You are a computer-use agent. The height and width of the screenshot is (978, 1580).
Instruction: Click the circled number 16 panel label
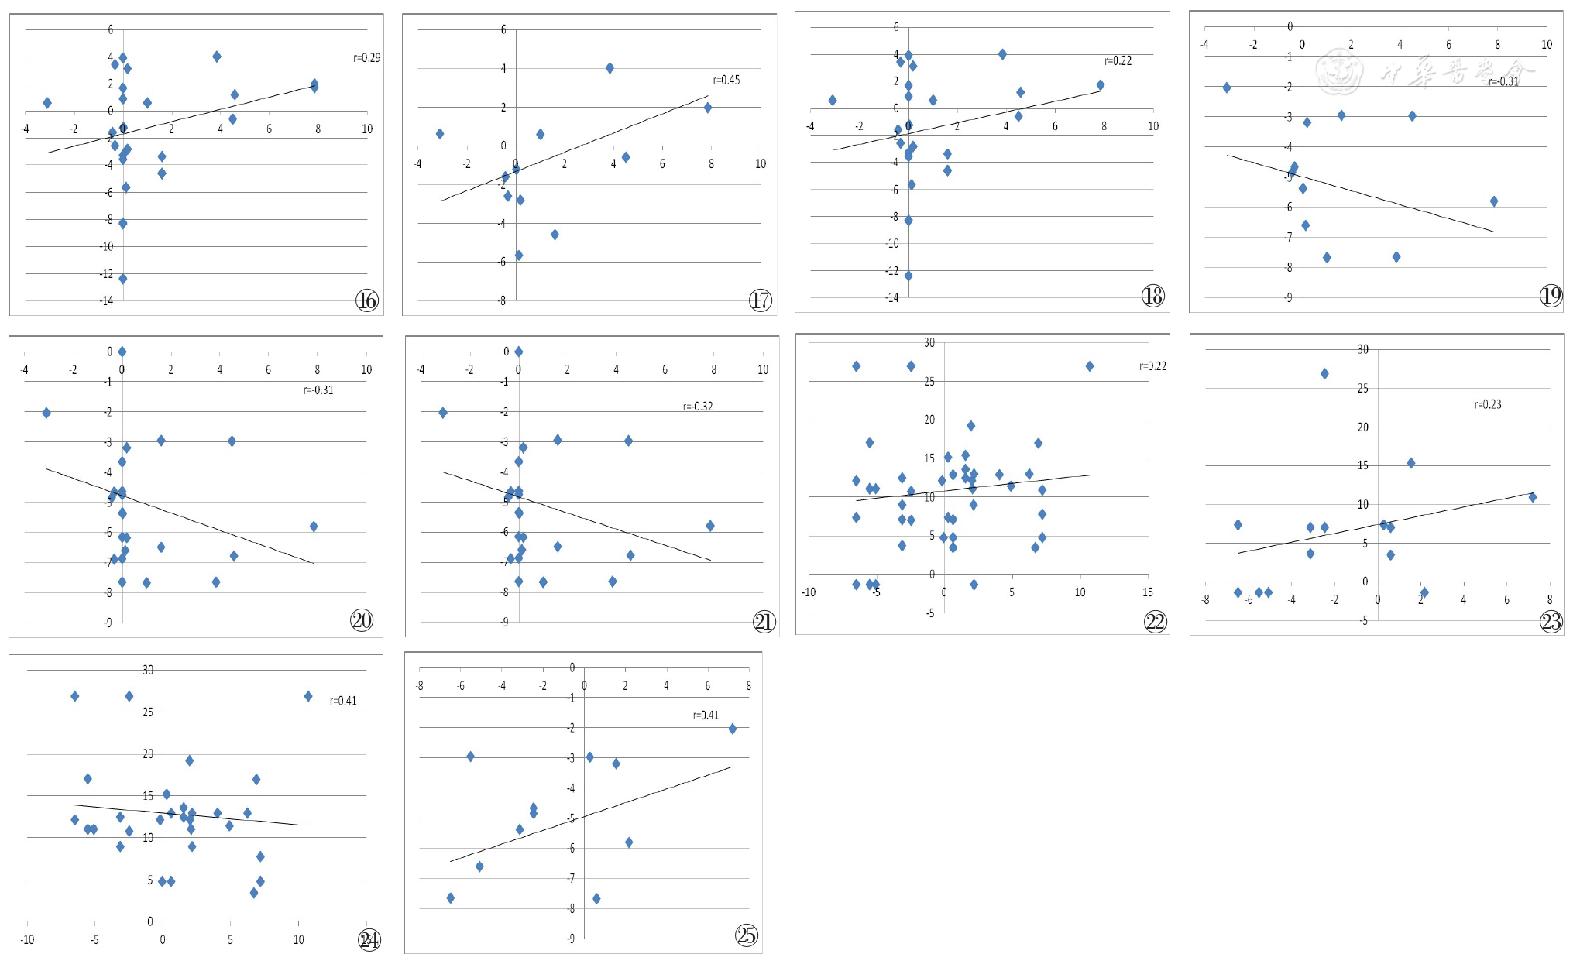pyautogui.click(x=366, y=300)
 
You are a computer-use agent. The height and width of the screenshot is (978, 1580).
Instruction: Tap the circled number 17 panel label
pyautogui.click(x=760, y=300)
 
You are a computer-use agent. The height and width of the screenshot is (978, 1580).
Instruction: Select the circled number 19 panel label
pyautogui.click(x=1551, y=295)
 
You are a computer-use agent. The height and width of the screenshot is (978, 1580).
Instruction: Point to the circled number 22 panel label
pyautogui.click(x=1155, y=622)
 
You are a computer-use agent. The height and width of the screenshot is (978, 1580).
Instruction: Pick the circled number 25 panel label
pyautogui.click(x=746, y=935)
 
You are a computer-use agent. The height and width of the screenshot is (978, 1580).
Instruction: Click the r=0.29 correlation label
pyautogui.click(x=366, y=58)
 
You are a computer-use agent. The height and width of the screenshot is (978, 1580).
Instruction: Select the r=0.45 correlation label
pyautogui.click(x=726, y=80)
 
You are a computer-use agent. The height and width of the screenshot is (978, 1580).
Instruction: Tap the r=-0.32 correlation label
pyautogui.click(x=697, y=407)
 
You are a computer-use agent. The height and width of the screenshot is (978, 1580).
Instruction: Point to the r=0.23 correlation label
pyautogui.click(x=1487, y=404)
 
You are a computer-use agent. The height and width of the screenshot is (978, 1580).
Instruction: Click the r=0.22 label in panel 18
pyautogui.click(x=1118, y=61)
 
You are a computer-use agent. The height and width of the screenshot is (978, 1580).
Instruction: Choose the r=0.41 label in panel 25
pyautogui.click(x=706, y=715)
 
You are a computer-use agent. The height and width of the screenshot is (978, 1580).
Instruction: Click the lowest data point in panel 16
pyautogui.click(x=122, y=279)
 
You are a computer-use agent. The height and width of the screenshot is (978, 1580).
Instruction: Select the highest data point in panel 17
pyautogui.click(x=610, y=68)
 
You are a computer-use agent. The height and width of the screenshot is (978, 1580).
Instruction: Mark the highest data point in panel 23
pyautogui.click(x=1324, y=373)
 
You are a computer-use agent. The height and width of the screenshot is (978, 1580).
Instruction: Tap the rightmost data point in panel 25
pyautogui.click(x=732, y=729)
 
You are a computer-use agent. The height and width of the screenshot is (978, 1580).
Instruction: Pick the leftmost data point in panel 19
pyautogui.click(x=1226, y=88)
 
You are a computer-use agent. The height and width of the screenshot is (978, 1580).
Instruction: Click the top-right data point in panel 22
pyautogui.click(x=1089, y=366)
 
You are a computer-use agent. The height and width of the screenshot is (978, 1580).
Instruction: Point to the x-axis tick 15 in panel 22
pyautogui.click(x=1147, y=592)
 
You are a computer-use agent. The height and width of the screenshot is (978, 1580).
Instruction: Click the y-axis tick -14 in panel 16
pyautogui.click(x=107, y=300)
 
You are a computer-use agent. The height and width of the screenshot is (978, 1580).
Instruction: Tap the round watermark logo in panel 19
pyautogui.click(x=1339, y=71)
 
